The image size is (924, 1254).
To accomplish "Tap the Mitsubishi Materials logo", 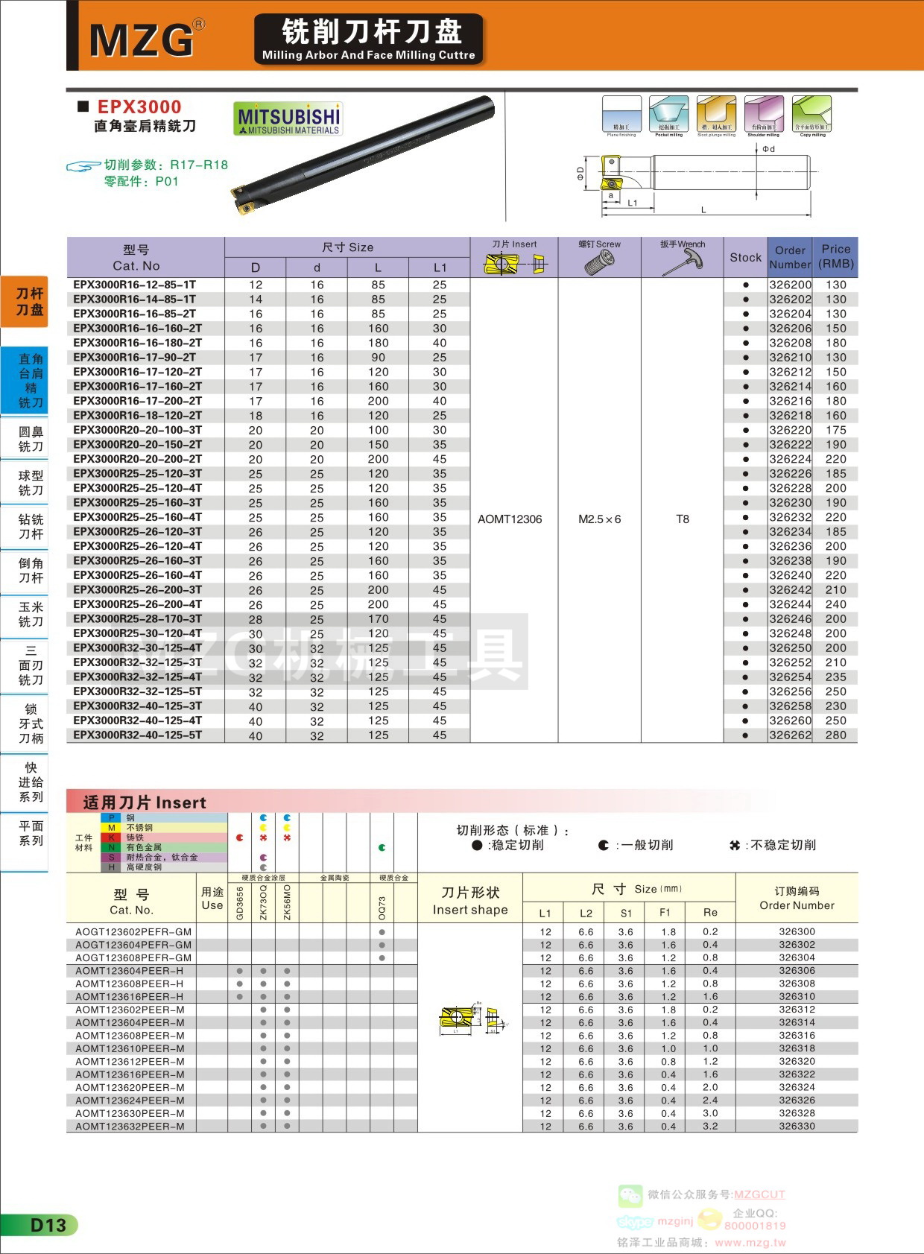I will click(x=288, y=119).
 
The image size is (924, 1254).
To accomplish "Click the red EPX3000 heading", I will click(x=139, y=107).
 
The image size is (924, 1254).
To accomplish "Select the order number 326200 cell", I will click(x=790, y=285).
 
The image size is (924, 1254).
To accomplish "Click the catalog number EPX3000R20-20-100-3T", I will click(x=138, y=430).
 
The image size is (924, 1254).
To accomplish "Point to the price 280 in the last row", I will click(x=835, y=735).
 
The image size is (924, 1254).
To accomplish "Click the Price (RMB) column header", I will click(x=835, y=257).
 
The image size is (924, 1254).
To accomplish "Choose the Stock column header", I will click(x=745, y=257).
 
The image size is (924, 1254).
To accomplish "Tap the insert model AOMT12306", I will click(x=510, y=519).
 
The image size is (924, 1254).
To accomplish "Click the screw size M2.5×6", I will click(x=599, y=519).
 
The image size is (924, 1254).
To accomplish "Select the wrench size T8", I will click(x=683, y=519).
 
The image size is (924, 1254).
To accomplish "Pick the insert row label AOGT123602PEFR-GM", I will click(x=133, y=931).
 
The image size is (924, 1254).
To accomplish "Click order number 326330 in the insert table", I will click(x=797, y=1127).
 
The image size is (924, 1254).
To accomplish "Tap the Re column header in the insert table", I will click(x=710, y=913).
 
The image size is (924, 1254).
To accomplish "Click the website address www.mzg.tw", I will click(x=750, y=1242).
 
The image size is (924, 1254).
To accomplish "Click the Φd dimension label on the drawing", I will click(x=768, y=149).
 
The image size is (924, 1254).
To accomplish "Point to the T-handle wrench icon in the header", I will click(x=682, y=262).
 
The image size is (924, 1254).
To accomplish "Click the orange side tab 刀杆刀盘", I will click(x=30, y=302).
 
